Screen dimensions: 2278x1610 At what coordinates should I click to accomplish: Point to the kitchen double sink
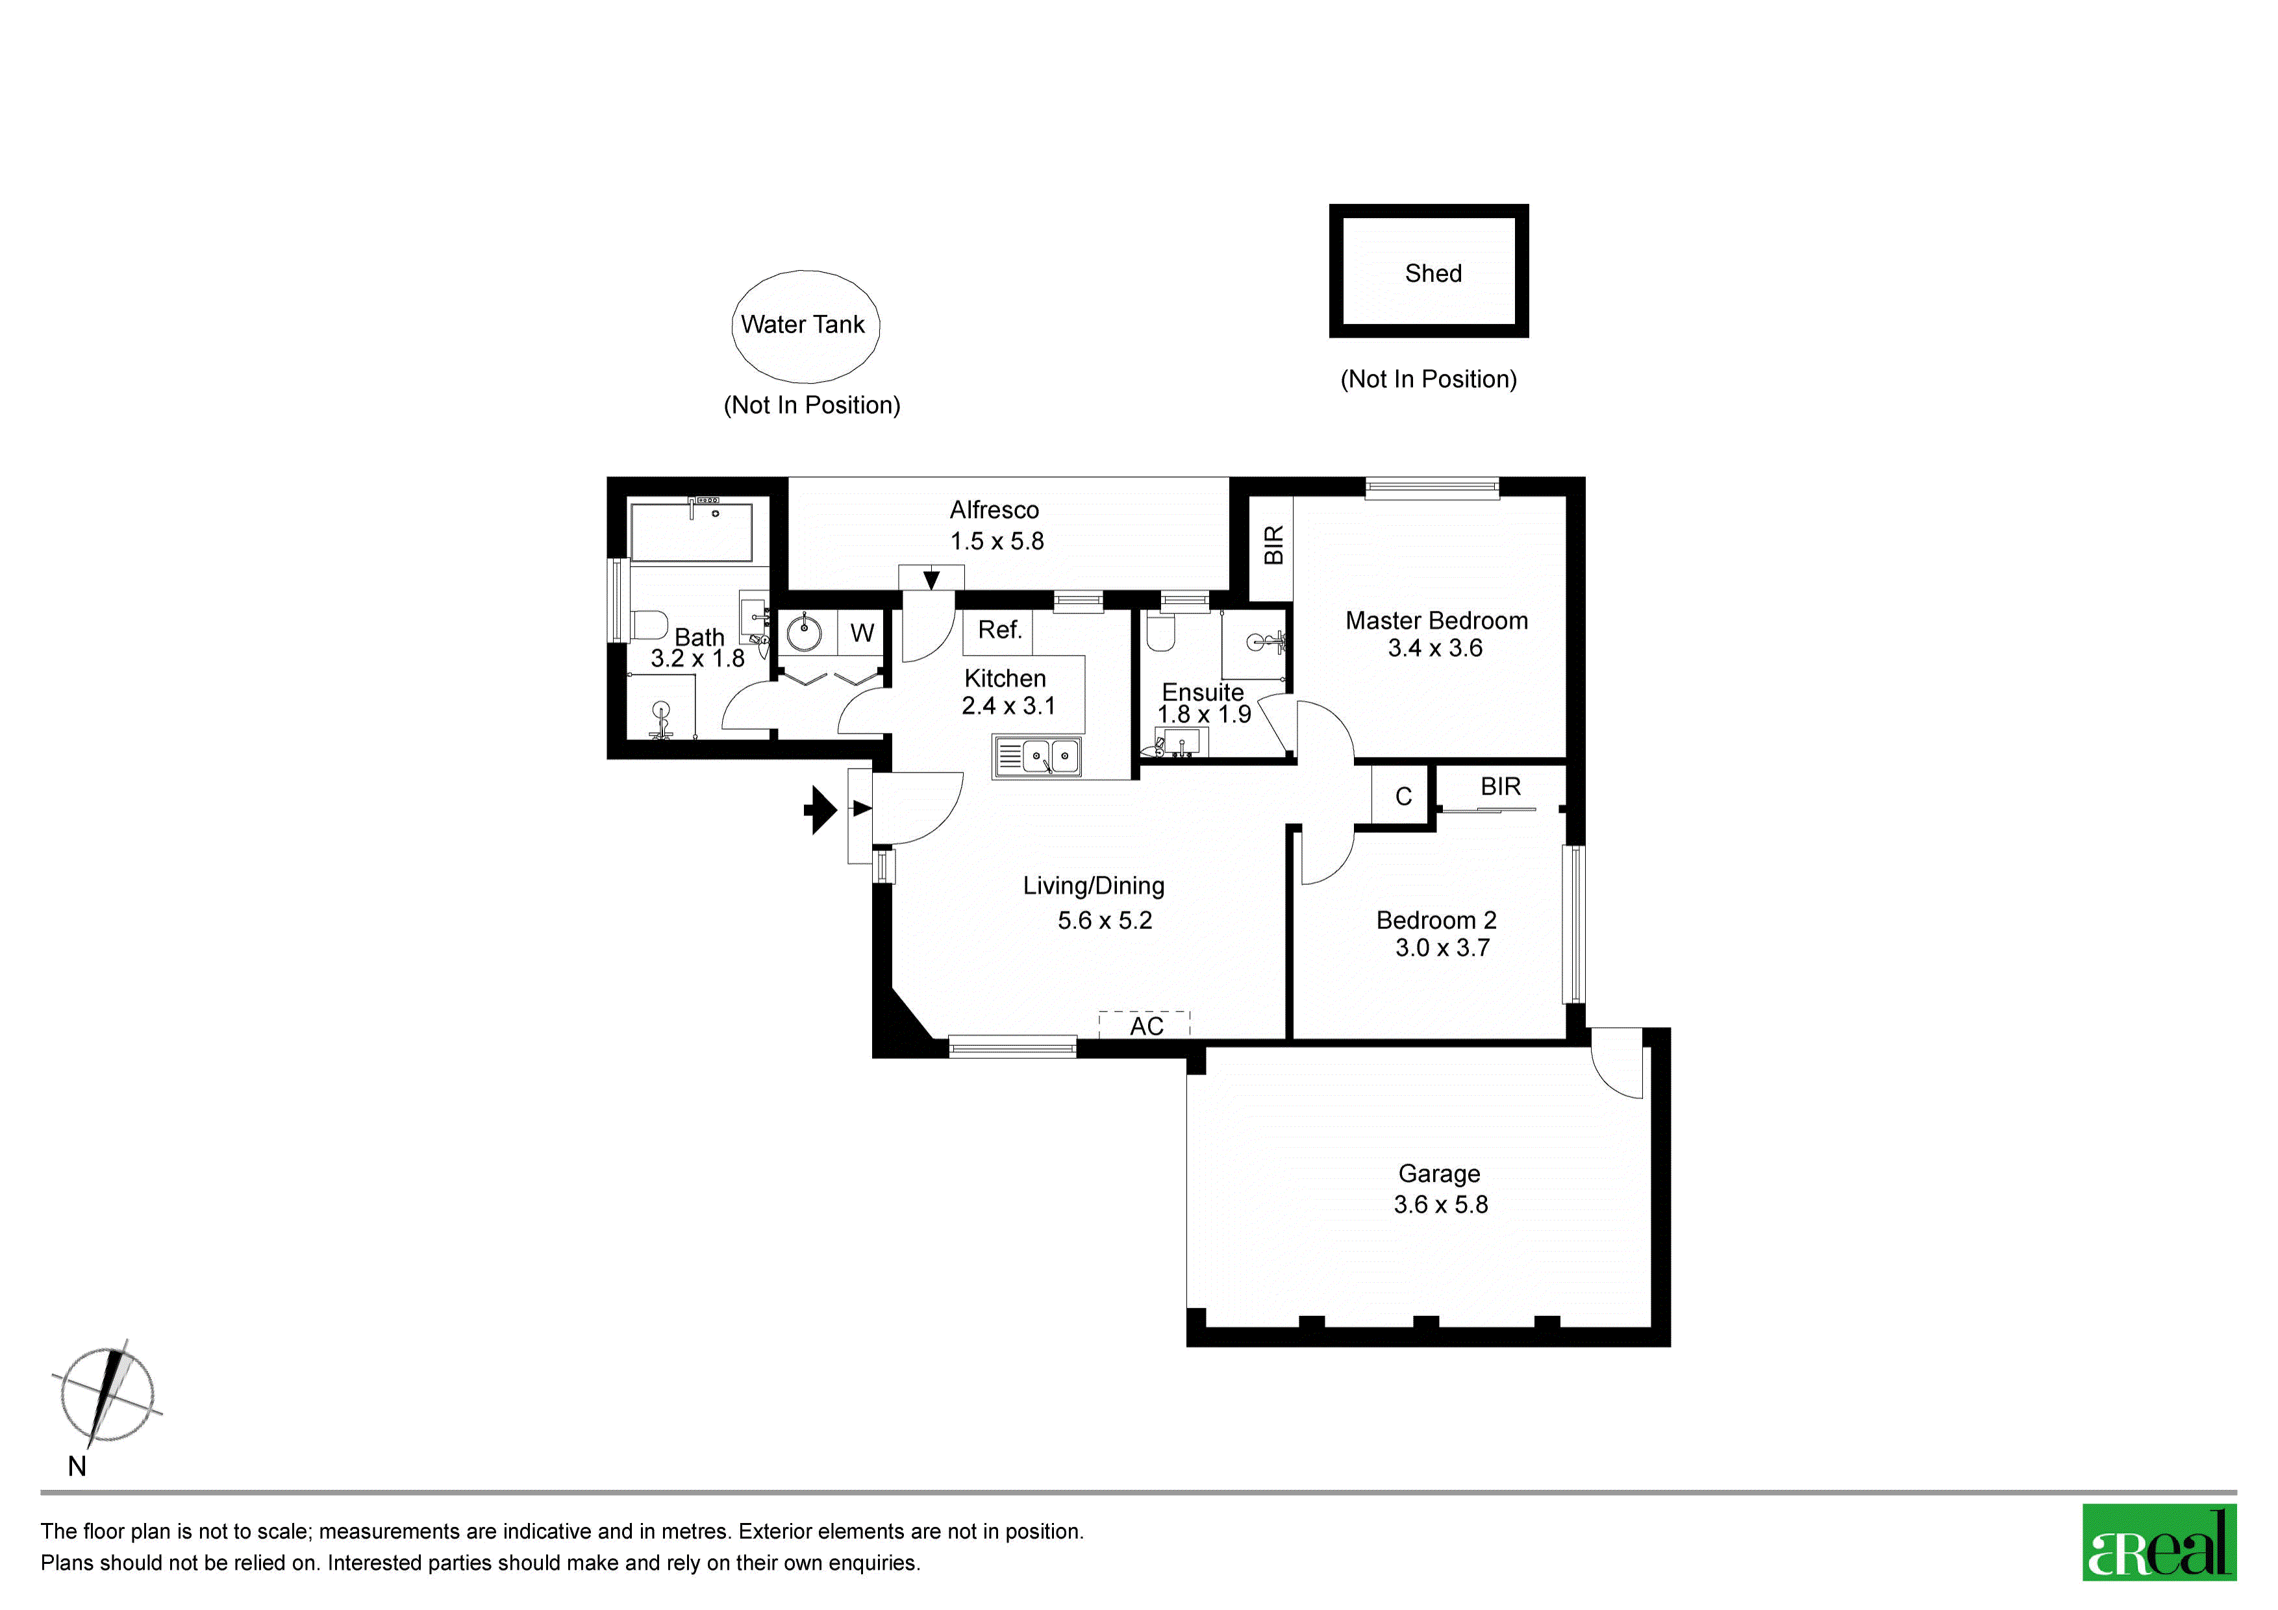1038,757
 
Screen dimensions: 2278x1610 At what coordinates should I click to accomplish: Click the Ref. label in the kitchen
999,630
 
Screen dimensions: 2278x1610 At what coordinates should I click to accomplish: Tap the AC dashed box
1144,1024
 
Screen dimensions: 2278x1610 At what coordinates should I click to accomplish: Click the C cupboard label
1403,797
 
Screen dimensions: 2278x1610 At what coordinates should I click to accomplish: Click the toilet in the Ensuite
1160,631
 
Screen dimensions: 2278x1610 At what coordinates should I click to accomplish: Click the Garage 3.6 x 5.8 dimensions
1440,1204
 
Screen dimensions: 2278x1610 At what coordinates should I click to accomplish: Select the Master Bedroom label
1436,621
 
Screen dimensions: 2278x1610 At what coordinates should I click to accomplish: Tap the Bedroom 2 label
1436,921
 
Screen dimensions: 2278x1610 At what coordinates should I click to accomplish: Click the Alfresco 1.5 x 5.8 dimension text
997,541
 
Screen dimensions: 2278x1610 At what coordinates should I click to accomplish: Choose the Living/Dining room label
1094,886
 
